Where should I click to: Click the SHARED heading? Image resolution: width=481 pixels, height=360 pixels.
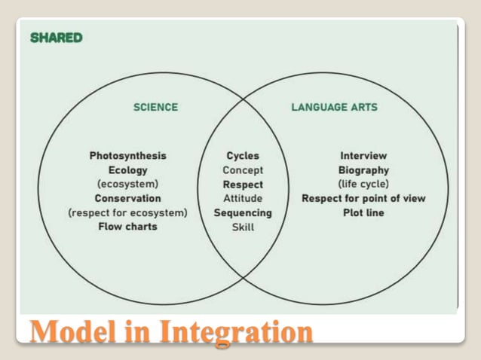pyautogui.click(x=57, y=38)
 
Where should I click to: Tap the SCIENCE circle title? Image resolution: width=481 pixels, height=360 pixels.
pyautogui.click(x=155, y=107)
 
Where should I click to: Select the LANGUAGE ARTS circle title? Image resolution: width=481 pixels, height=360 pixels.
pyautogui.click(x=334, y=107)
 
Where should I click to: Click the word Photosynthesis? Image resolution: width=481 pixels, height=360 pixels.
pyautogui.click(x=127, y=156)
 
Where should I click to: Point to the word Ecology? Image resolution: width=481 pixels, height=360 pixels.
pyautogui.click(x=127, y=170)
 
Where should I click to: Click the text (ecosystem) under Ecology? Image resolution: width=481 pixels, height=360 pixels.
pyautogui.click(x=127, y=184)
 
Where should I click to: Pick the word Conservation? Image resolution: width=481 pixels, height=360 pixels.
pyautogui.click(x=127, y=198)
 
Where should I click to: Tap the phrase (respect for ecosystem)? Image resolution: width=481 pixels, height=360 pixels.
pyautogui.click(x=127, y=212)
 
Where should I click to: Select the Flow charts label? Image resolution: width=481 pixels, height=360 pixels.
pyautogui.click(x=127, y=226)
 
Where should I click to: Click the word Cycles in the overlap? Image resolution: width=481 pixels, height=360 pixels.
pyautogui.click(x=243, y=156)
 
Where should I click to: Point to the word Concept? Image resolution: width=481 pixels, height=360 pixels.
pyautogui.click(x=243, y=170)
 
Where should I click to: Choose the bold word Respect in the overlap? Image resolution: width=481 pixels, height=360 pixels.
pyautogui.click(x=243, y=185)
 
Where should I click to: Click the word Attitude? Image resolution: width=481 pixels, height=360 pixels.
pyautogui.click(x=243, y=198)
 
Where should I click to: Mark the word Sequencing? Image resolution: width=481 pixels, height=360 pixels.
pyautogui.click(x=243, y=212)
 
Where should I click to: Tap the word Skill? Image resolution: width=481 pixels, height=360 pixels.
pyautogui.click(x=243, y=227)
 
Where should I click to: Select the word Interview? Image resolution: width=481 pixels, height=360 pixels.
pyautogui.click(x=363, y=156)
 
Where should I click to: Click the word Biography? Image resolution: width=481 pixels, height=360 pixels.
pyautogui.click(x=363, y=170)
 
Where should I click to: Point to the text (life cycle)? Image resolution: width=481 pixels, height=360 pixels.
pyautogui.click(x=363, y=184)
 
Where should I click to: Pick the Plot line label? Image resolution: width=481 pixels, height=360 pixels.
pyautogui.click(x=363, y=212)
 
